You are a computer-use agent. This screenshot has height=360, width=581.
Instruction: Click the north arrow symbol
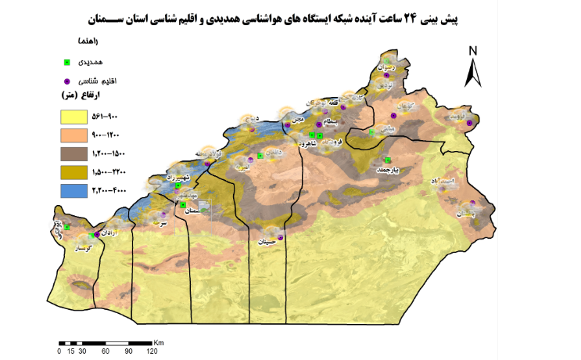tap(473, 68)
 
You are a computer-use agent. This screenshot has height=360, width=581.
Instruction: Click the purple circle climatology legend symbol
tap(68, 81)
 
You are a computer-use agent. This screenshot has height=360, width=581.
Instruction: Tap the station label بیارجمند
tap(389, 169)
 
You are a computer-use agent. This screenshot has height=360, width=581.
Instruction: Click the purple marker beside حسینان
tap(280, 237)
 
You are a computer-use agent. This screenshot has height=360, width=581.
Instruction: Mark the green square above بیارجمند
tap(388, 160)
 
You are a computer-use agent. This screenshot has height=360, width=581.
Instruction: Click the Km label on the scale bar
tap(158, 342)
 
